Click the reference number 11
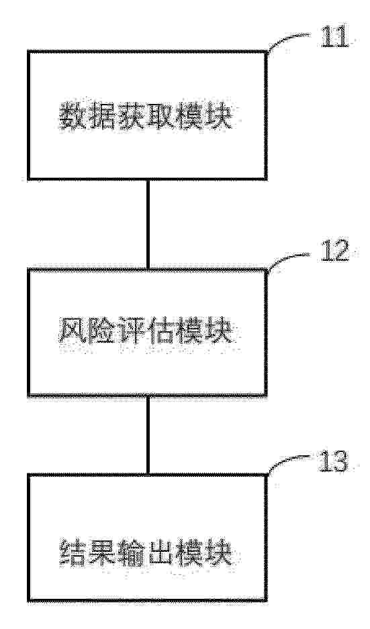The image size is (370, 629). point(334,38)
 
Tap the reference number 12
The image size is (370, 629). point(334,253)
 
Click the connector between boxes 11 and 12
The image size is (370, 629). point(148,224)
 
